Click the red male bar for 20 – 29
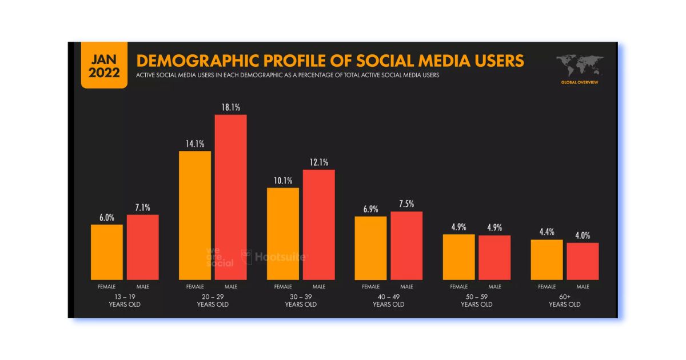tap(230, 197)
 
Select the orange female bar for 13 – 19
tap(106, 252)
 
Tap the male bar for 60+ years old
tap(583, 261)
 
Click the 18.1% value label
tap(230, 107)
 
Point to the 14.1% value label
tap(195, 143)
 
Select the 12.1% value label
tap(318, 162)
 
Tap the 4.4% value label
tap(547, 232)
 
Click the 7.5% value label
tap(406, 204)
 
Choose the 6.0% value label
tap(106, 217)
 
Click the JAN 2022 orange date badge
tap(104, 66)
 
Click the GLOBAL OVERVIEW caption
tap(580, 82)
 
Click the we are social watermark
tap(220, 257)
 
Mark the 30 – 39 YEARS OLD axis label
tap(301, 301)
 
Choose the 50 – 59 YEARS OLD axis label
tap(477, 301)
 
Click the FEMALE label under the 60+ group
tap(547, 286)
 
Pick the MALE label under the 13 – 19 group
tap(142, 286)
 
